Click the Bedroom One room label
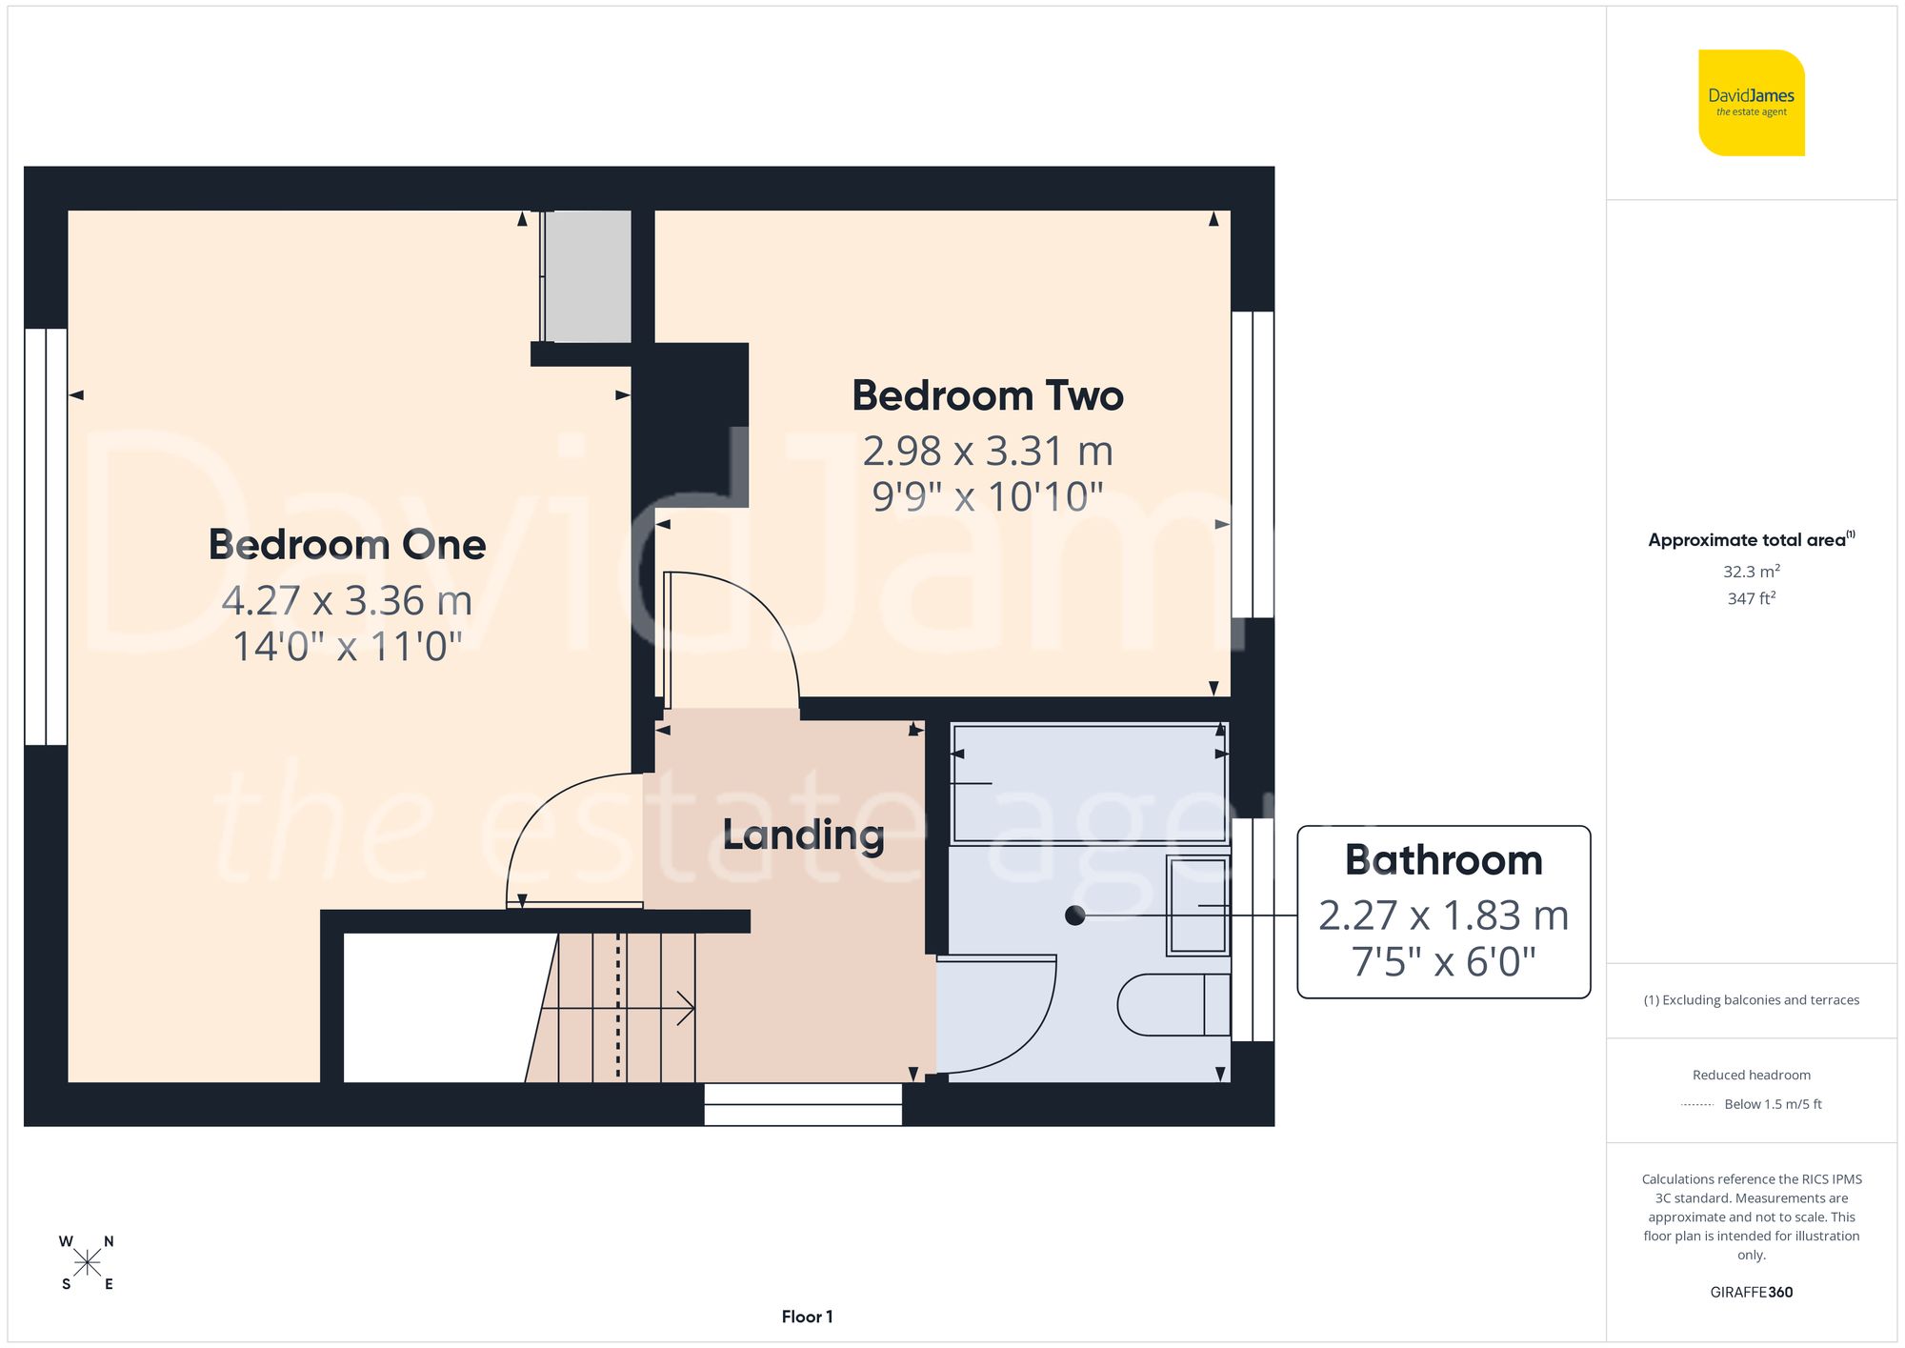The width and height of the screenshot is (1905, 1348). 347,545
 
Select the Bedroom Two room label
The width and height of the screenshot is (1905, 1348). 987,396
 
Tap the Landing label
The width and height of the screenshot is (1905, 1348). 803,835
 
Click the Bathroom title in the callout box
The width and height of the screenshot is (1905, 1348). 1443,860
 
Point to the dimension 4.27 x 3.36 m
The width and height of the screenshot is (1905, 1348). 347,601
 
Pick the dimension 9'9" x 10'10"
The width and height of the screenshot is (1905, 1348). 987,496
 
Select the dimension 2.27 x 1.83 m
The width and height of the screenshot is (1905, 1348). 1443,915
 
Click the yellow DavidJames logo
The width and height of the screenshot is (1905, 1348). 1751,103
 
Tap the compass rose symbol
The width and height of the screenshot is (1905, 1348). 87,1263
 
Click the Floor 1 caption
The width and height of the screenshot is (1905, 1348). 807,1317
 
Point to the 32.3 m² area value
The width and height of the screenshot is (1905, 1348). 1751,572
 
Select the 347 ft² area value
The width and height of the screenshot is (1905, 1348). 1751,598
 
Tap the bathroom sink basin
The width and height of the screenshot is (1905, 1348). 1197,905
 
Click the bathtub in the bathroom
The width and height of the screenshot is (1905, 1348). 1088,783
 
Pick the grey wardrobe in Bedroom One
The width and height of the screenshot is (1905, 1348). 586,276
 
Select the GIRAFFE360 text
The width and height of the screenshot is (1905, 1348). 1751,1293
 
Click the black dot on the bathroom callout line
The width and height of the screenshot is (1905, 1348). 1075,915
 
